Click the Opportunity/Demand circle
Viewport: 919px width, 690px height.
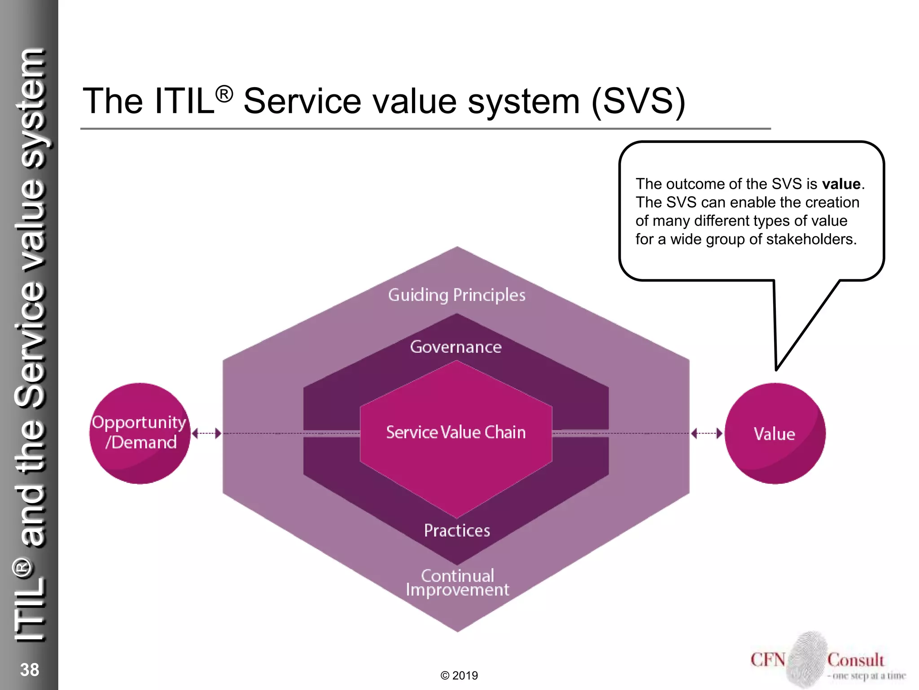click(x=140, y=433)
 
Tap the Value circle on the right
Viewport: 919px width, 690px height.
click(x=775, y=433)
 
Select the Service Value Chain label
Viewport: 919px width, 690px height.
click(x=456, y=432)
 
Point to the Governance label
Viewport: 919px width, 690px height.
click(x=456, y=347)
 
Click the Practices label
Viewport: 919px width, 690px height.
click(x=457, y=531)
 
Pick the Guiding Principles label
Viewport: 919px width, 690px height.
click(x=457, y=295)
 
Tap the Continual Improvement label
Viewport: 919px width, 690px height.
click(x=457, y=583)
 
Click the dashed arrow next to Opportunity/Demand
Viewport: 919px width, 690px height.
click(x=206, y=433)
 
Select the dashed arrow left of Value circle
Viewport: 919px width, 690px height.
click(x=707, y=433)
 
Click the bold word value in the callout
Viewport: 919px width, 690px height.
click(x=841, y=184)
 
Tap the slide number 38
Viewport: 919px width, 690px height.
click(x=30, y=670)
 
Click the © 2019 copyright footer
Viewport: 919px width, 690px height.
click(x=459, y=676)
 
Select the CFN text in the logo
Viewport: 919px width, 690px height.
click(x=768, y=660)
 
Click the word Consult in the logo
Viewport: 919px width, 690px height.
click(x=856, y=660)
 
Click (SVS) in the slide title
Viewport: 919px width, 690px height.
click(x=639, y=101)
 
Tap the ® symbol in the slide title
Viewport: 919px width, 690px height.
click(x=224, y=94)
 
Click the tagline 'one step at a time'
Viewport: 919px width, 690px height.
click(x=868, y=676)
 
